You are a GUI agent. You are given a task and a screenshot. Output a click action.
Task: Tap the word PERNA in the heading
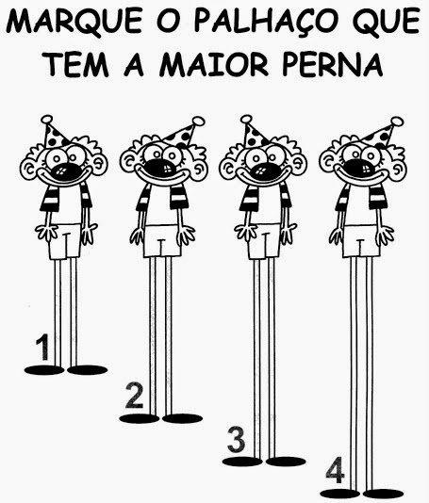pyautogui.click(x=333, y=65)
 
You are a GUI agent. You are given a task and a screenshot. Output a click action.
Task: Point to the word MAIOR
pyautogui.click(x=213, y=65)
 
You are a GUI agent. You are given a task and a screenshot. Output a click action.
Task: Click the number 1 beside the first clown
pyautogui.click(x=42, y=347)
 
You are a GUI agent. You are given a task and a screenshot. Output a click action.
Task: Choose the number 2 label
pyautogui.click(x=135, y=396)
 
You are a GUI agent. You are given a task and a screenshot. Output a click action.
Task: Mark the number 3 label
pyautogui.click(x=237, y=439)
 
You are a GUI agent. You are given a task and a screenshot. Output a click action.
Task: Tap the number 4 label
pyautogui.click(x=335, y=470)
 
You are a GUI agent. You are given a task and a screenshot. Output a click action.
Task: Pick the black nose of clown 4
pyautogui.click(x=359, y=168)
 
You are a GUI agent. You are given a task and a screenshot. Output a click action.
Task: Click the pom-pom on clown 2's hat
pyautogui.click(x=198, y=122)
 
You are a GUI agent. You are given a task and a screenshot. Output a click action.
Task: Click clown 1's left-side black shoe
pyautogui.click(x=44, y=370)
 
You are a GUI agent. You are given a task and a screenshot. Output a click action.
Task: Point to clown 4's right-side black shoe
pyautogui.click(x=383, y=494)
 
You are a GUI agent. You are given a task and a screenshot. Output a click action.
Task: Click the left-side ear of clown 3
pyautogui.click(x=227, y=168)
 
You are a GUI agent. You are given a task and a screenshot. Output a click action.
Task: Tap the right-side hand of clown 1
pyautogui.click(x=89, y=234)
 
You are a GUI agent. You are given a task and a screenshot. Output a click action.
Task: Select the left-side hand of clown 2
pyautogui.click(x=138, y=236)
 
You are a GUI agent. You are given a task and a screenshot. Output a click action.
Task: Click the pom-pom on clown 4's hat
pyautogui.click(x=397, y=122)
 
